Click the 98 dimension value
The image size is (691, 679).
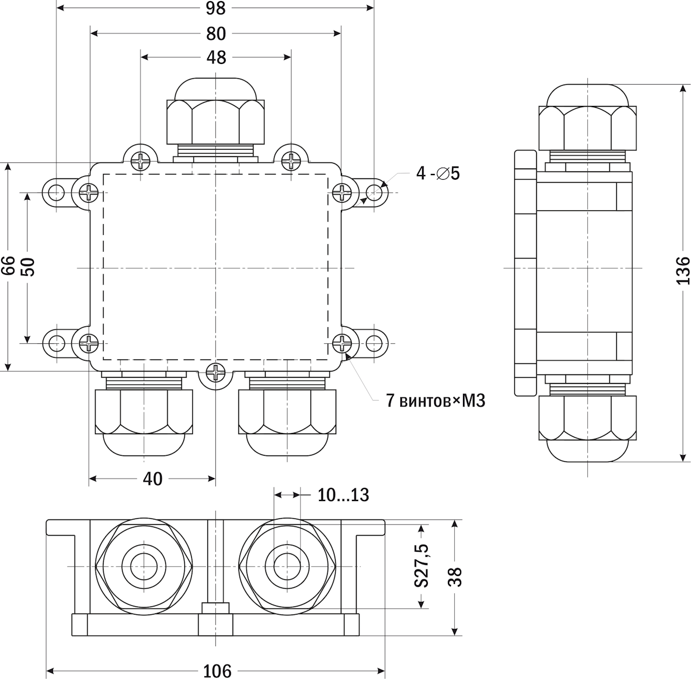point(215,8)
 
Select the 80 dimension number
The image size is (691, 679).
point(215,34)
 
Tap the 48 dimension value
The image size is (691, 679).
point(215,57)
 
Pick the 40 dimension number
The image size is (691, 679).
point(153,479)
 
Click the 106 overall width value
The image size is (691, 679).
point(218,670)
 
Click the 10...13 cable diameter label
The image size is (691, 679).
point(343,494)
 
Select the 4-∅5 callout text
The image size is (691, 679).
point(438,173)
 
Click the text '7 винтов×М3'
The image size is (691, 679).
point(435,400)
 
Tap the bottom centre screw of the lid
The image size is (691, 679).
point(215,373)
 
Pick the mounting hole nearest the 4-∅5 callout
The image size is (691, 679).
point(374,192)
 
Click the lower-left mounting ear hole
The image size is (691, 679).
point(56,344)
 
